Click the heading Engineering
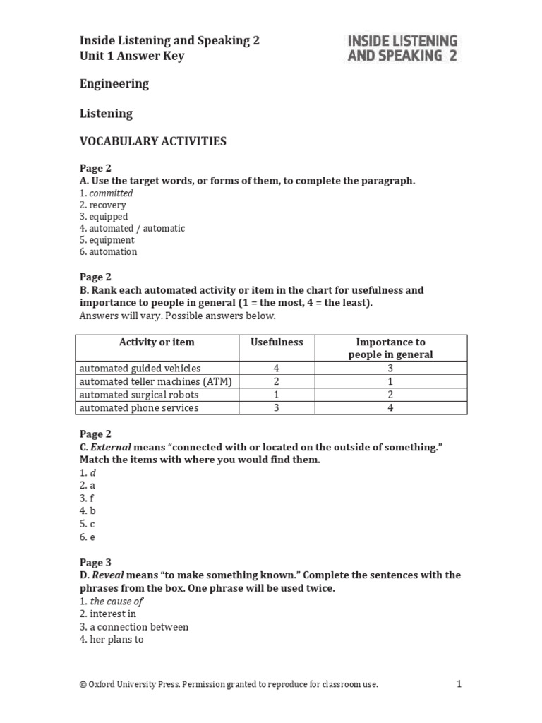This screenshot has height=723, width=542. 114,84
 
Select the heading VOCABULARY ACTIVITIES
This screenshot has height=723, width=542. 152,141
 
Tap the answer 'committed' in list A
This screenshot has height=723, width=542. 111,193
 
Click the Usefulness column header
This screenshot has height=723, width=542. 277,342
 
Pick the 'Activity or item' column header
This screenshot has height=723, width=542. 156,342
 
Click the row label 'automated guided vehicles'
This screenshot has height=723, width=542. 140,369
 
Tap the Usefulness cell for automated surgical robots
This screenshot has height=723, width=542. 277,395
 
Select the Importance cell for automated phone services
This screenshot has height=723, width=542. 390,408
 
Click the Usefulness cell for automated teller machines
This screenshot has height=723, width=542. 277,381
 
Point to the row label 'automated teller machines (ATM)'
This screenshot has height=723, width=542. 155,381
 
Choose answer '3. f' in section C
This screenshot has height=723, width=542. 88,498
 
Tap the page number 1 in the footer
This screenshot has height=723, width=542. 459,683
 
